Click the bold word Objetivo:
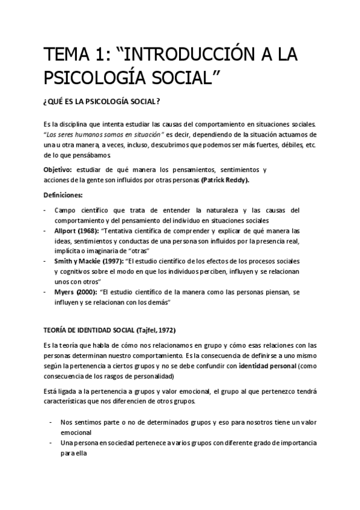click(58, 170)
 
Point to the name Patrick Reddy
click(225, 180)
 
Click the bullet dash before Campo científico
click(45, 210)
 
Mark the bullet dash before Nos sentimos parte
click(51, 423)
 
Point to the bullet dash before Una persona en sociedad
click(51, 443)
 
